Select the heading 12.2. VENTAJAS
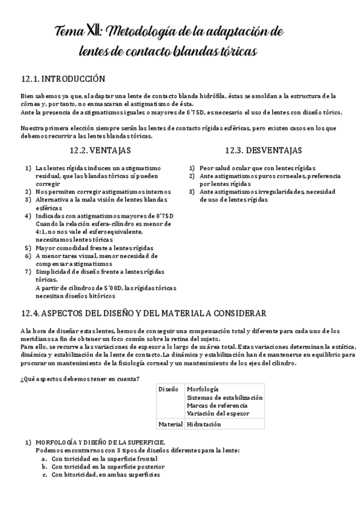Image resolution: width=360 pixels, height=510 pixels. pyautogui.click(x=100, y=150)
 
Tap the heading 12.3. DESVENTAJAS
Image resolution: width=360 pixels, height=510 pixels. pyautogui.click(x=264, y=150)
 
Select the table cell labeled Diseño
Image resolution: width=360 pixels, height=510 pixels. pyautogui.click(x=168, y=389)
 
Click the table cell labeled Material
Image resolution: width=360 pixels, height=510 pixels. pyautogui.click(x=171, y=424)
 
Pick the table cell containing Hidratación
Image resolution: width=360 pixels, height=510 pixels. pyautogui.click(x=204, y=424)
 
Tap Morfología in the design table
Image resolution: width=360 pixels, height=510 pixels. pyautogui.click(x=203, y=389)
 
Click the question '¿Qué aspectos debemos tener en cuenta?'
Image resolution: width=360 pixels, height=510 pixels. pyautogui.click(x=80, y=378)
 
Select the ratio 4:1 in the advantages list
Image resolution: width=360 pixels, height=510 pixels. pyautogui.click(x=41, y=231)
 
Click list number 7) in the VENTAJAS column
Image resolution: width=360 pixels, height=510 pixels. pyautogui.click(x=28, y=271)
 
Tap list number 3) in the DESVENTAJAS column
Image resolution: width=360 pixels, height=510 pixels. pyautogui.click(x=192, y=192)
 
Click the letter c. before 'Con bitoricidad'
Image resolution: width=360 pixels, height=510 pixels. pyautogui.click(x=44, y=475)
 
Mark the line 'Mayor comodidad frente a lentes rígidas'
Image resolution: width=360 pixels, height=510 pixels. pyautogui.click(x=94, y=247)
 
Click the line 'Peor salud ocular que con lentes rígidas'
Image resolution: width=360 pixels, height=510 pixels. pyautogui.click(x=258, y=168)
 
